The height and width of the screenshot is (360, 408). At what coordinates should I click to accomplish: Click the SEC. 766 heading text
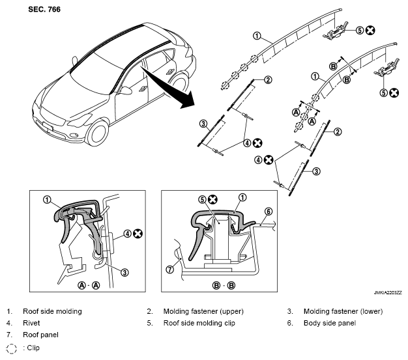[x=44, y=9]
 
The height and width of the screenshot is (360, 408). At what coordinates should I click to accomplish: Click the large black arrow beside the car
[x=170, y=89]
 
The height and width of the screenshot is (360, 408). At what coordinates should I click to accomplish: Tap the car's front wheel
[x=97, y=133]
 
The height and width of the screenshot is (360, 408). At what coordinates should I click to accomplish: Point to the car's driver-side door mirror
[x=126, y=90]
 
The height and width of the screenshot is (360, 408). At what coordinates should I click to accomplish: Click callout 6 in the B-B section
[x=269, y=212]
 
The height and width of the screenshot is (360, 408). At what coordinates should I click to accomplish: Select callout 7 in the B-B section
[x=170, y=270]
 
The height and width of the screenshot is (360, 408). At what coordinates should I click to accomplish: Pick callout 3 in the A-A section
[x=125, y=272]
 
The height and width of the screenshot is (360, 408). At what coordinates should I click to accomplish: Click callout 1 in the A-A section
[x=47, y=200]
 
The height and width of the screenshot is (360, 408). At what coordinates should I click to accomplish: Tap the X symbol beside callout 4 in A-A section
[x=138, y=234]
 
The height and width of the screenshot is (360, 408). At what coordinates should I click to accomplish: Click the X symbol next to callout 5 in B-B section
[x=212, y=200]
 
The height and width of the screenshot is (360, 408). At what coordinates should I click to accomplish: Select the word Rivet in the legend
[x=31, y=323]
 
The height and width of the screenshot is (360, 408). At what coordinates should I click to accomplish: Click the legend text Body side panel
[x=329, y=323]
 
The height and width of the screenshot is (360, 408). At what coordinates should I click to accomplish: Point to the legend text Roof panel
[x=40, y=335]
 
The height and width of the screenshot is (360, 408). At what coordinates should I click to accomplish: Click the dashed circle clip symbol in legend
[x=11, y=348]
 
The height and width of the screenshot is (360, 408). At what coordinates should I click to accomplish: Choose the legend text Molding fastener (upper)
[x=203, y=311]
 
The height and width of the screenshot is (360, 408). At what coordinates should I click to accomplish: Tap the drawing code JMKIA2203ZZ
[x=388, y=293]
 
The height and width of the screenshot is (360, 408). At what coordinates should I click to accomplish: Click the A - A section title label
[x=89, y=285]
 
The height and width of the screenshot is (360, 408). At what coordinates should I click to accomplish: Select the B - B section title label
[x=224, y=285]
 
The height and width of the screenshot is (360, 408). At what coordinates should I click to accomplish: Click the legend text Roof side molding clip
[x=199, y=323]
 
